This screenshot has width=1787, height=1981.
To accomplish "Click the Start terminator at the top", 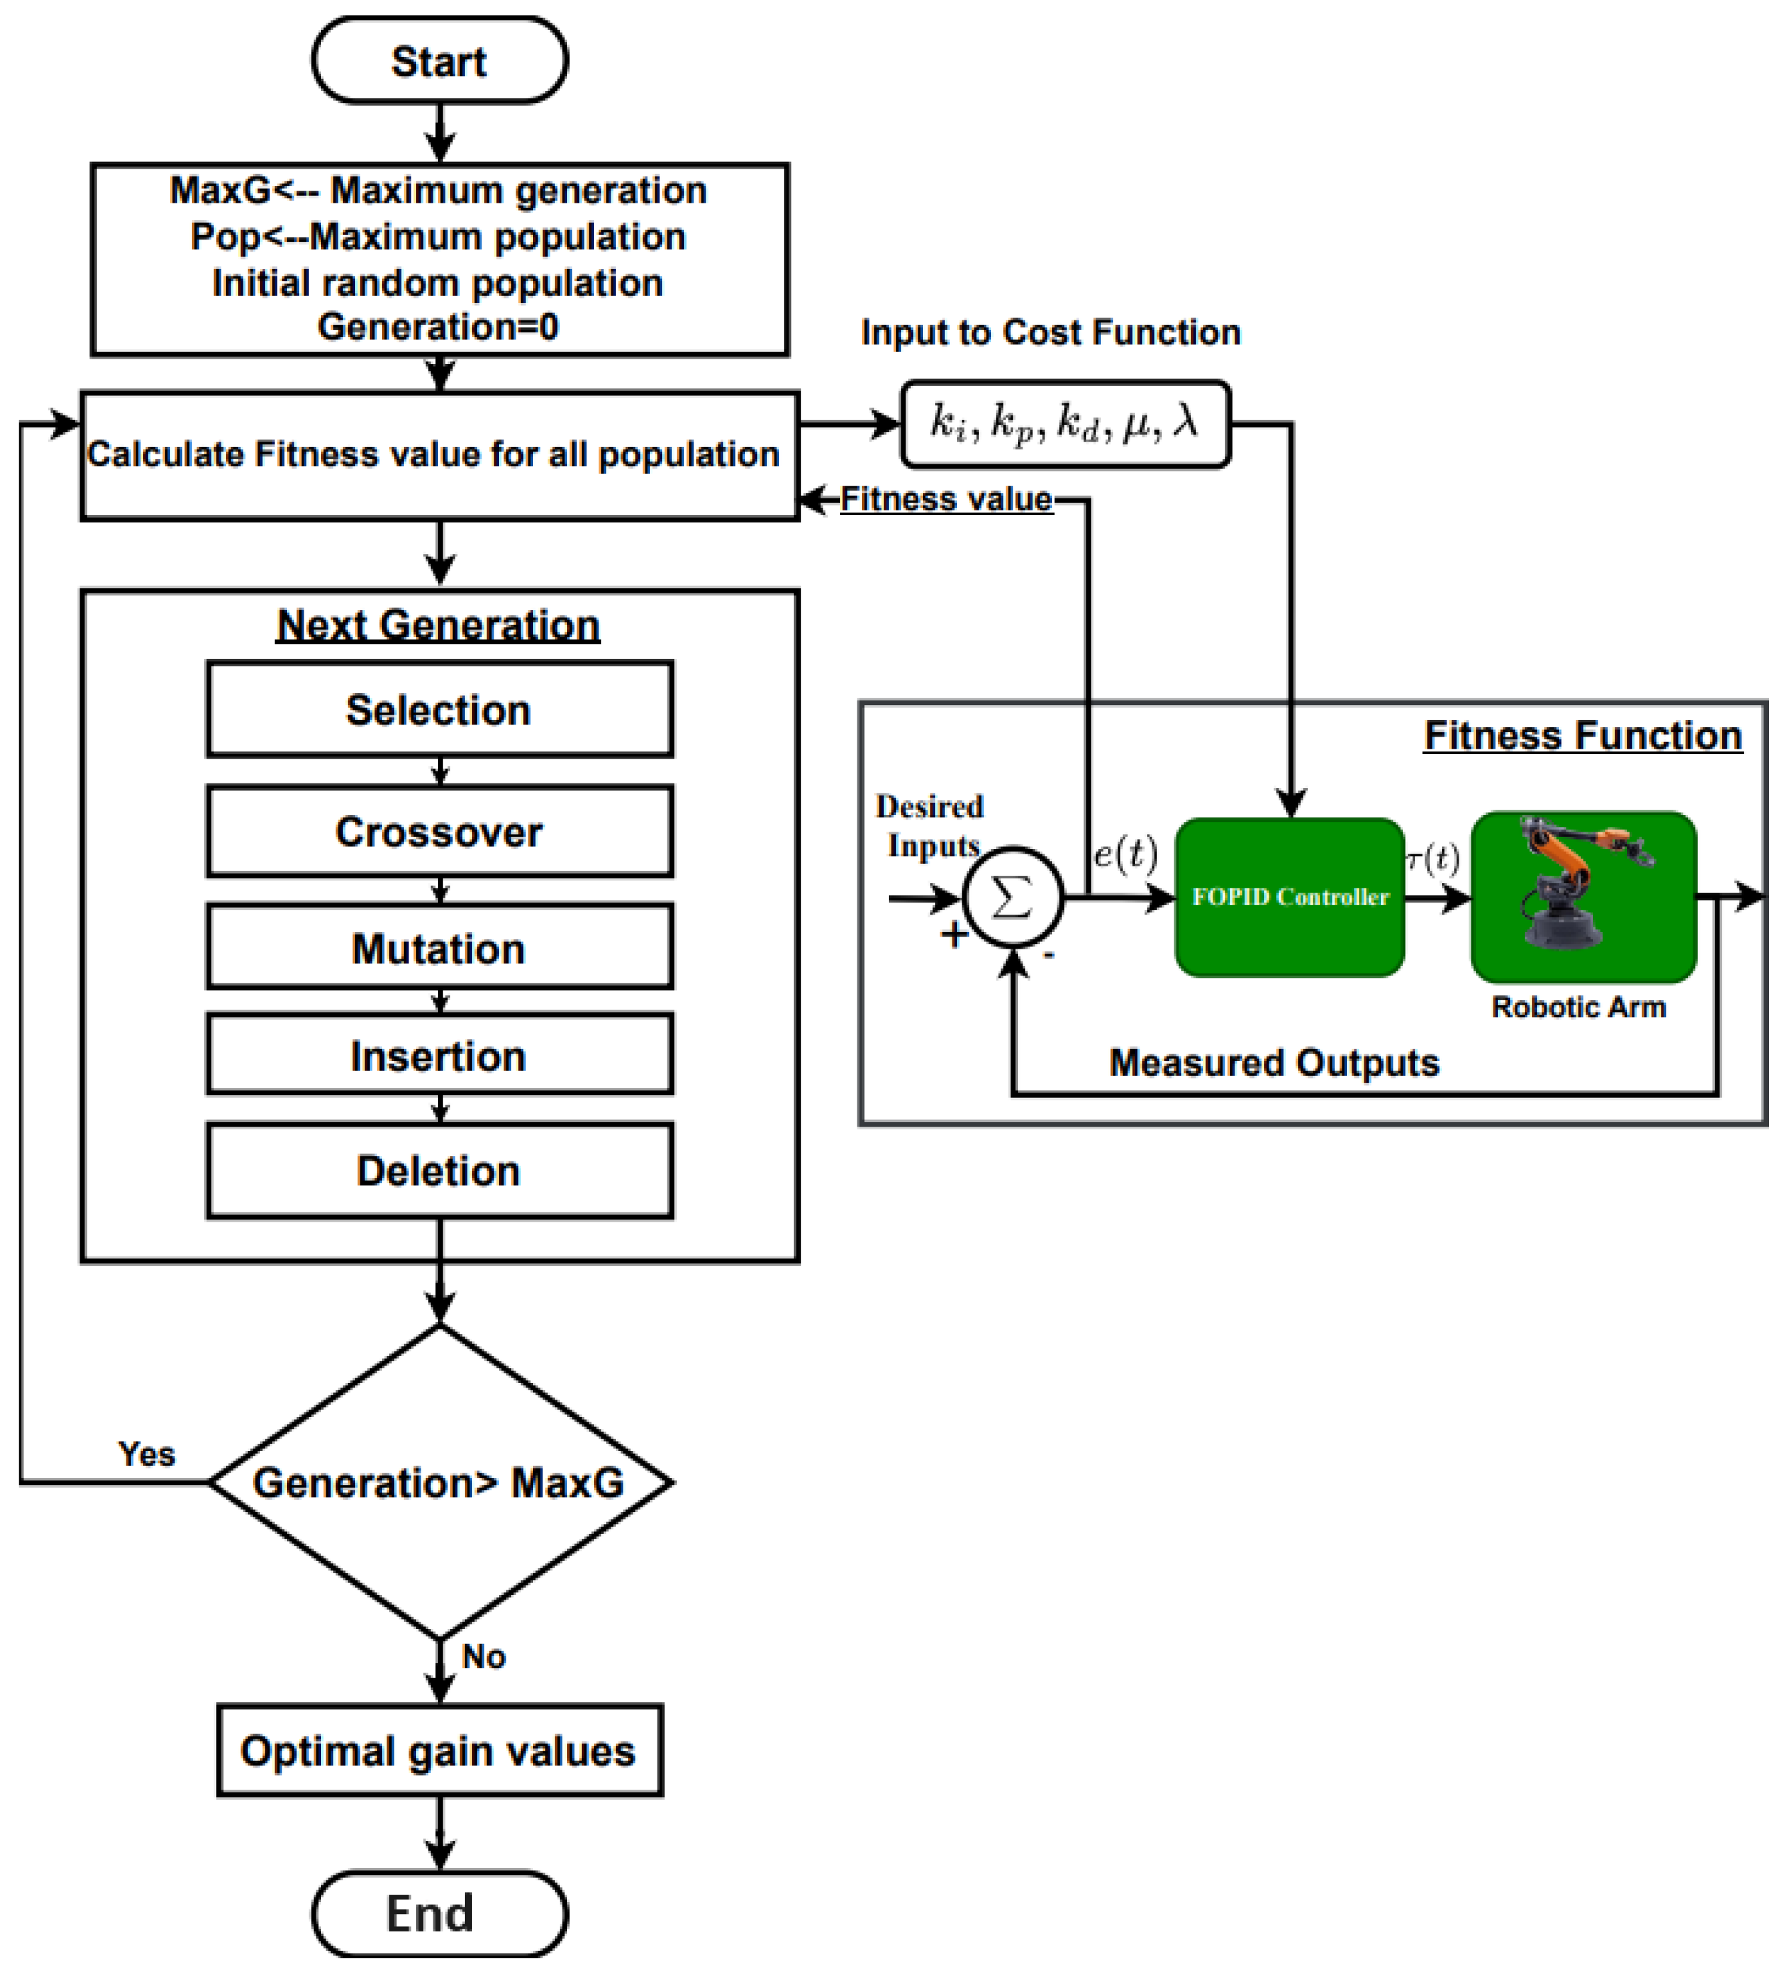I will pos(439,61).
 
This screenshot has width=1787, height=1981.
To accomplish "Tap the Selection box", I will pos(439,709).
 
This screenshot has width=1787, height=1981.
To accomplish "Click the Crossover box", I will pos(439,831).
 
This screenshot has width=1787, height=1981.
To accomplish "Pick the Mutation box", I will pos(439,948).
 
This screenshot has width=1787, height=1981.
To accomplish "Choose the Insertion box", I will pos(439,1055).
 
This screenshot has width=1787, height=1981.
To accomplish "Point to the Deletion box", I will pos(439,1169).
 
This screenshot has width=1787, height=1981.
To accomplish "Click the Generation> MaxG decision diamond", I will pos(439,1481).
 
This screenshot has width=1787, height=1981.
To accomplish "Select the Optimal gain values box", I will pos(439,1750).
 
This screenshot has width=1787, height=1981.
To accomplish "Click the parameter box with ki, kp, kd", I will pos(1064,423).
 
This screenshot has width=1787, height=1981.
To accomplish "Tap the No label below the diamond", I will pos(483,1656).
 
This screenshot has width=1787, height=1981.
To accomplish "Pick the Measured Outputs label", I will pos(1273,1062).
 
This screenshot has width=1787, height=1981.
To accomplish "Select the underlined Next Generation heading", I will pos(438,625).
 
